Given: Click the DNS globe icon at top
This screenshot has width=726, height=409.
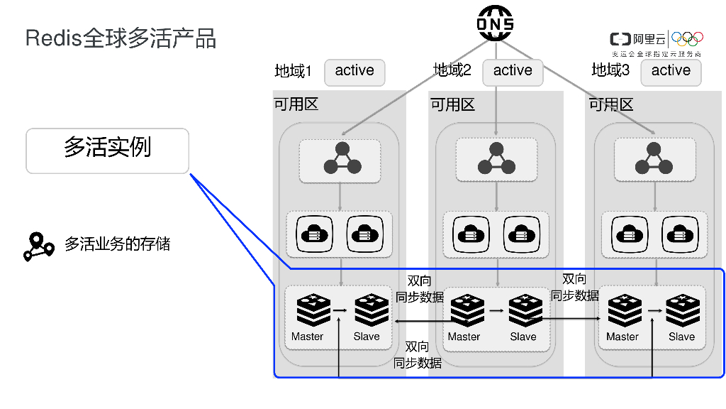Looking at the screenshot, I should (x=495, y=23).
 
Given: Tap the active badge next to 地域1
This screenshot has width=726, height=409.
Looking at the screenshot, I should (x=354, y=71).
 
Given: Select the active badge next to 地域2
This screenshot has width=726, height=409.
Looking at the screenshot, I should (x=513, y=71).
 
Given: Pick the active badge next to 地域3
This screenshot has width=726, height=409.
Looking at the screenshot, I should (x=671, y=71).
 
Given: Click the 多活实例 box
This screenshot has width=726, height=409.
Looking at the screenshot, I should (x=108, y=151).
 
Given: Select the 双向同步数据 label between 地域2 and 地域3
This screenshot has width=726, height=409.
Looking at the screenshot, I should (x=575, y=288).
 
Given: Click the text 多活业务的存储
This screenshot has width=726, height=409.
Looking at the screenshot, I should (x=118, y=244).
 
